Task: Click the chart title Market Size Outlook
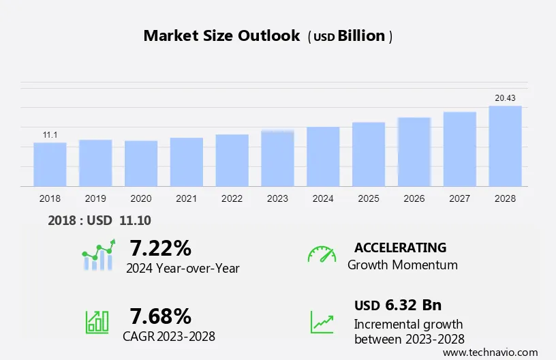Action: tap(221, 36)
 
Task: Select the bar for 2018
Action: tap(50, 164)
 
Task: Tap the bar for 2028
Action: tap(505, 146)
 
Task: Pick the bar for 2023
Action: tap(277, 158)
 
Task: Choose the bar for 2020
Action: tap(141, 164)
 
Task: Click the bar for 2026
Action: tap(414, 152)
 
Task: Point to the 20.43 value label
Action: tap(505, 98)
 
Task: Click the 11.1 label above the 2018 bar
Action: tap(50, 135)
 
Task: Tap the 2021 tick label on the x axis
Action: tap(187, 198)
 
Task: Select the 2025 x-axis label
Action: tap(369, 198)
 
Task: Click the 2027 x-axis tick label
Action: tap(460, 198)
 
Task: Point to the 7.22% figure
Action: tap(160, 247)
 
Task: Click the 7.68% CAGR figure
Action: tap(160, 316)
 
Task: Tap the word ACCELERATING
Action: tap(400, 247)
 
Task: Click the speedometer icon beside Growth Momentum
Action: tap(322, 254)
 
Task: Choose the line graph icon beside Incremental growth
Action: tap(322, 321)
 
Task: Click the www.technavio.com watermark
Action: tap(490, 352)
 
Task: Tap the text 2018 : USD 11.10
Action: tap(99, 220)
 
